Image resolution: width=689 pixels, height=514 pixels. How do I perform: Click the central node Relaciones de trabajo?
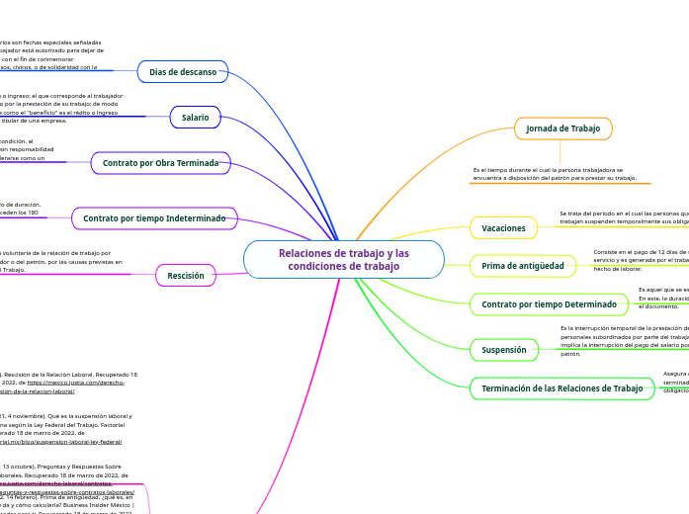point(343,260)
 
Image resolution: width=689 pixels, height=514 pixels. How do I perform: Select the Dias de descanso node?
point(183,72)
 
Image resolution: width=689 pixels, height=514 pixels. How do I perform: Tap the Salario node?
point(196,118)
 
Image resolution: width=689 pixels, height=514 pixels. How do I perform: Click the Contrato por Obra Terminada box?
point(160,163)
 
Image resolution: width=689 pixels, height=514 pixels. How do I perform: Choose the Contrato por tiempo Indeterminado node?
point(154,217)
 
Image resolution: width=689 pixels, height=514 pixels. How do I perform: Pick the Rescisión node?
point(186,276)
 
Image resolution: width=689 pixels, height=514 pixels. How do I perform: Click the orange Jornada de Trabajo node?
point(562,128)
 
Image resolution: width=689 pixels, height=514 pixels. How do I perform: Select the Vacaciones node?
point(503,228)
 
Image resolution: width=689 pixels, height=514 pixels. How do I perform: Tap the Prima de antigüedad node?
point(522,266)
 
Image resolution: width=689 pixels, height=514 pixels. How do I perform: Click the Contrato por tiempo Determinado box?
point(549,304)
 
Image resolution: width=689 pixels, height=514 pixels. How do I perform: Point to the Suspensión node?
point(503,349)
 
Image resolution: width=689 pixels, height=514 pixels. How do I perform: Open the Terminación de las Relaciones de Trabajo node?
point(561,388)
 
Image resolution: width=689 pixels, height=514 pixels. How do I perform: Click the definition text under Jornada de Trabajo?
point(555,174)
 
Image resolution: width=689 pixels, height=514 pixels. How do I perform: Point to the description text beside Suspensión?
point(623,340)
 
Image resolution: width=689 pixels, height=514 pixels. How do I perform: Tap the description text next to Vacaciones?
point(623,217)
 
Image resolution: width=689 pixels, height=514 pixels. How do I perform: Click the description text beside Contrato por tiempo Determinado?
point(662,298)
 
